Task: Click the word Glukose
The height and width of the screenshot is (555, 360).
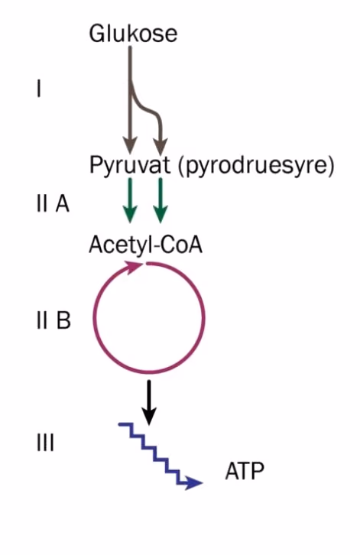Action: click(x=133, y=34)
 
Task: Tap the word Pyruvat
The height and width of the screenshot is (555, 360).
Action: click(x=130, y=165)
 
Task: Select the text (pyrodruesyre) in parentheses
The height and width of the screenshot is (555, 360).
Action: click(x=256, y=166)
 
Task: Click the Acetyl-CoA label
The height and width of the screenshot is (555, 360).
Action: click(x=145, y=245)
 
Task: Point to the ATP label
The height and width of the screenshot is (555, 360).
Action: click(x=245, y=471)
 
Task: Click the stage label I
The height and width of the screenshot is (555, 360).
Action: click(x=38, y=89)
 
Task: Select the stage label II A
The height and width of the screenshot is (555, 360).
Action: click(x=53, y=203)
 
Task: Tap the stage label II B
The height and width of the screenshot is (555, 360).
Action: click(x=54, y=320)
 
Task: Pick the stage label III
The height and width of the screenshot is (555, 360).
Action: click(x=46, y=443)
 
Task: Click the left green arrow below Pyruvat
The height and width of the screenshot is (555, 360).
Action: click(x=130, y=200)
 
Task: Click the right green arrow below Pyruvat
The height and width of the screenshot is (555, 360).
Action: click(x=161, y=200)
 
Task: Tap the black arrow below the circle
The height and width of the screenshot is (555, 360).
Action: click(x=149, y=403)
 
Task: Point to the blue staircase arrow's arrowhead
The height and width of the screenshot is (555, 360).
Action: click(x=193, y=482)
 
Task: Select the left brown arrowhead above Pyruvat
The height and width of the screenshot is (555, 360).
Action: click(x=130, y=146)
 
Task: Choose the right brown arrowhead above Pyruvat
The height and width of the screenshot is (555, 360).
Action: click(x=161, y=146)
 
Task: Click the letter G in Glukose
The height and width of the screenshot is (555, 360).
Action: click(x=97, y=34)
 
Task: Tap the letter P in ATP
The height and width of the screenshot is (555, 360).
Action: click(x=258, y=471)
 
